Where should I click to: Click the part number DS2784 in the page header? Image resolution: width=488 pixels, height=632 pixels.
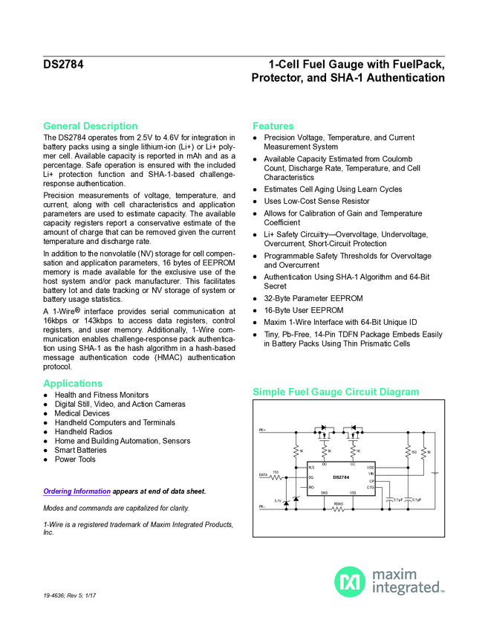tap(63, 65)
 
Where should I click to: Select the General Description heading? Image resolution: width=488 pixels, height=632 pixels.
tap(90, 126)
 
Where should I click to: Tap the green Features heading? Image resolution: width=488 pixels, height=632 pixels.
tap(273, 126)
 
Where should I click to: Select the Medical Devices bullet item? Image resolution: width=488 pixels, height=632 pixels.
tap(82, 413)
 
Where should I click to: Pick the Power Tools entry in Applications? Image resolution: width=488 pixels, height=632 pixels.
tap(75, 460)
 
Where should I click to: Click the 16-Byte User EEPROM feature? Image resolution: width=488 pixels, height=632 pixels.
tap(303, 311)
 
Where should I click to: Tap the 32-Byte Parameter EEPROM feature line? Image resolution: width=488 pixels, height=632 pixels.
tap(313, 299)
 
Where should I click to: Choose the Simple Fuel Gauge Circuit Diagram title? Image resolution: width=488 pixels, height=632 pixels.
tap(336, 392)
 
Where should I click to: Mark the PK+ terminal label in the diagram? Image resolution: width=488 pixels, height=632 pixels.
tap(262, 430)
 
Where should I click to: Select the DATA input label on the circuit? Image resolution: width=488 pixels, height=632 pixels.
tap(263, 474)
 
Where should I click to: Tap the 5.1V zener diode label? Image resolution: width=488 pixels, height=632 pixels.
tap(278, 500)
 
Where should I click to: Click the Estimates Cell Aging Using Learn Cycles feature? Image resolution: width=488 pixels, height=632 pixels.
tap(333, 190)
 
